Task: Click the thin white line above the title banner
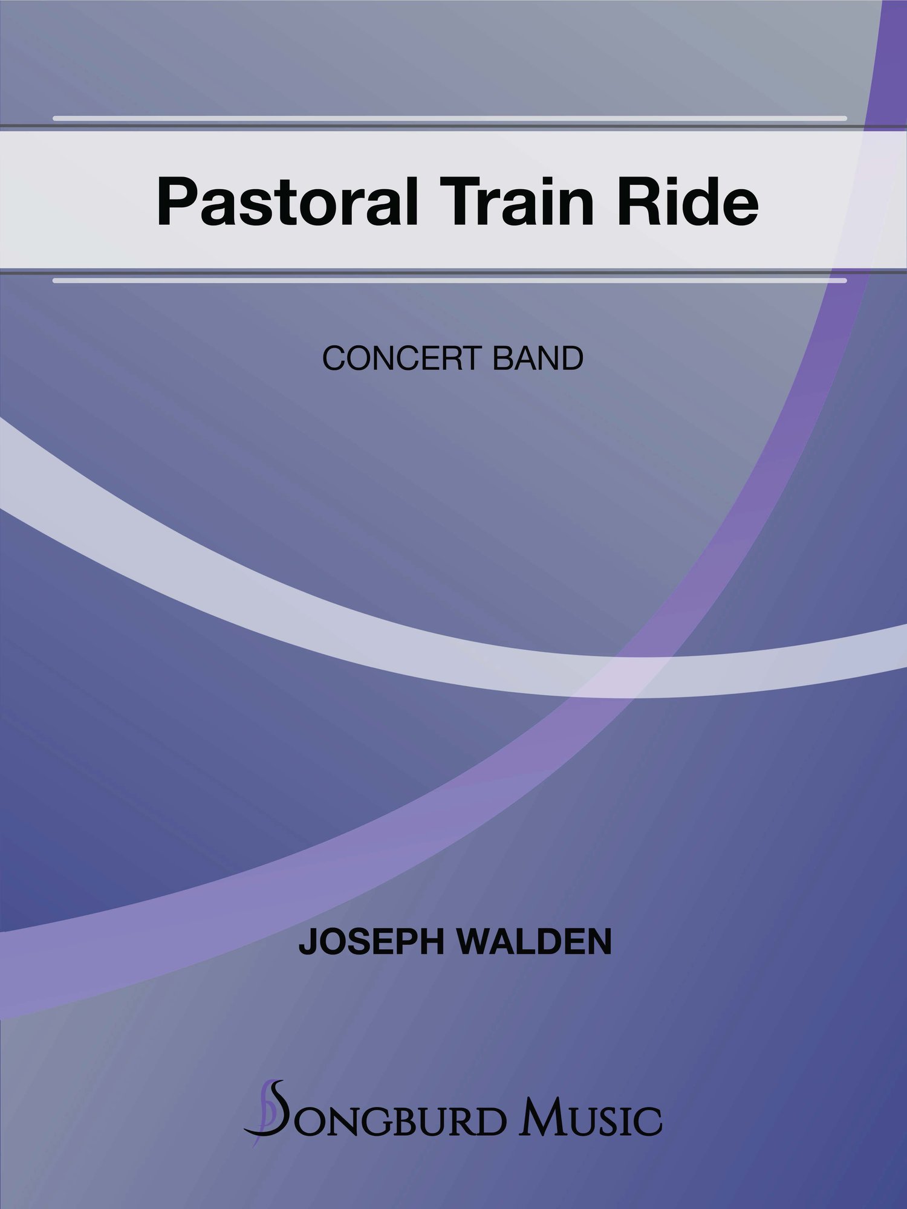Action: coord(450,118)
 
